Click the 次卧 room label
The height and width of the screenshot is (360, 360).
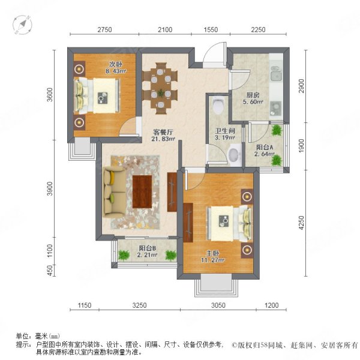click(x=112, y=64)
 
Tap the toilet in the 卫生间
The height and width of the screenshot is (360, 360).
click(x=219, y=106)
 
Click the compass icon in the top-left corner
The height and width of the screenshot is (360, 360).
click(x=23, y=25)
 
